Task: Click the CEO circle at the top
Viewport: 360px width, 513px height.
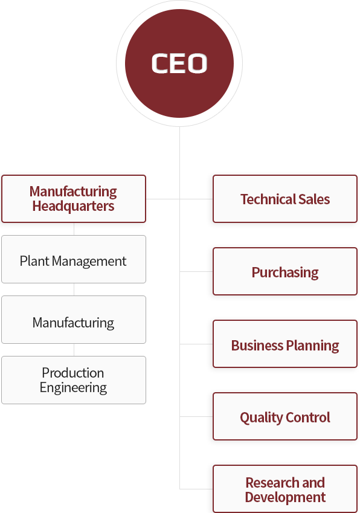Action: click(x=179, y=63)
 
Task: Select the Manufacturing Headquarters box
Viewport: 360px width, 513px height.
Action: click(x=74, y=199)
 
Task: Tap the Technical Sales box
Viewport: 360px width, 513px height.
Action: click(x=284, y=199)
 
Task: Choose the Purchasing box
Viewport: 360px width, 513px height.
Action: click(x=284, y=271)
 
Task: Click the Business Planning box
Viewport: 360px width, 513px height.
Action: click(x=284, y=344)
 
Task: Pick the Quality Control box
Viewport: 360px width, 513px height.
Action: click(x=284, y=416)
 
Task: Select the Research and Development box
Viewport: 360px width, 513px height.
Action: click(x=284, y=489)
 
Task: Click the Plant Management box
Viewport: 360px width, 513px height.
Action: click(x=74, y=259)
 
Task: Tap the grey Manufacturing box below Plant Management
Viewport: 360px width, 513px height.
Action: click(x=74, y=320)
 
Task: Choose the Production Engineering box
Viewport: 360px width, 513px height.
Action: click(x=74, y=380)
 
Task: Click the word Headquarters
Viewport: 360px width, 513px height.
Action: click(x=73, y=207)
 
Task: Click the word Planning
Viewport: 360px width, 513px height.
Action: click(x=312, y=346)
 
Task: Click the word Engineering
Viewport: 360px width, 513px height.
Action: click(x=73, y=388)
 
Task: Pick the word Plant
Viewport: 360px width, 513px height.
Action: click(x=34, y=261)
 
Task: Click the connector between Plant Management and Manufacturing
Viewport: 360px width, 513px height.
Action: click(x=74, y=289)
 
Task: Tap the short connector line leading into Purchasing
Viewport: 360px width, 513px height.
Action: click(x=196, y=271)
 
